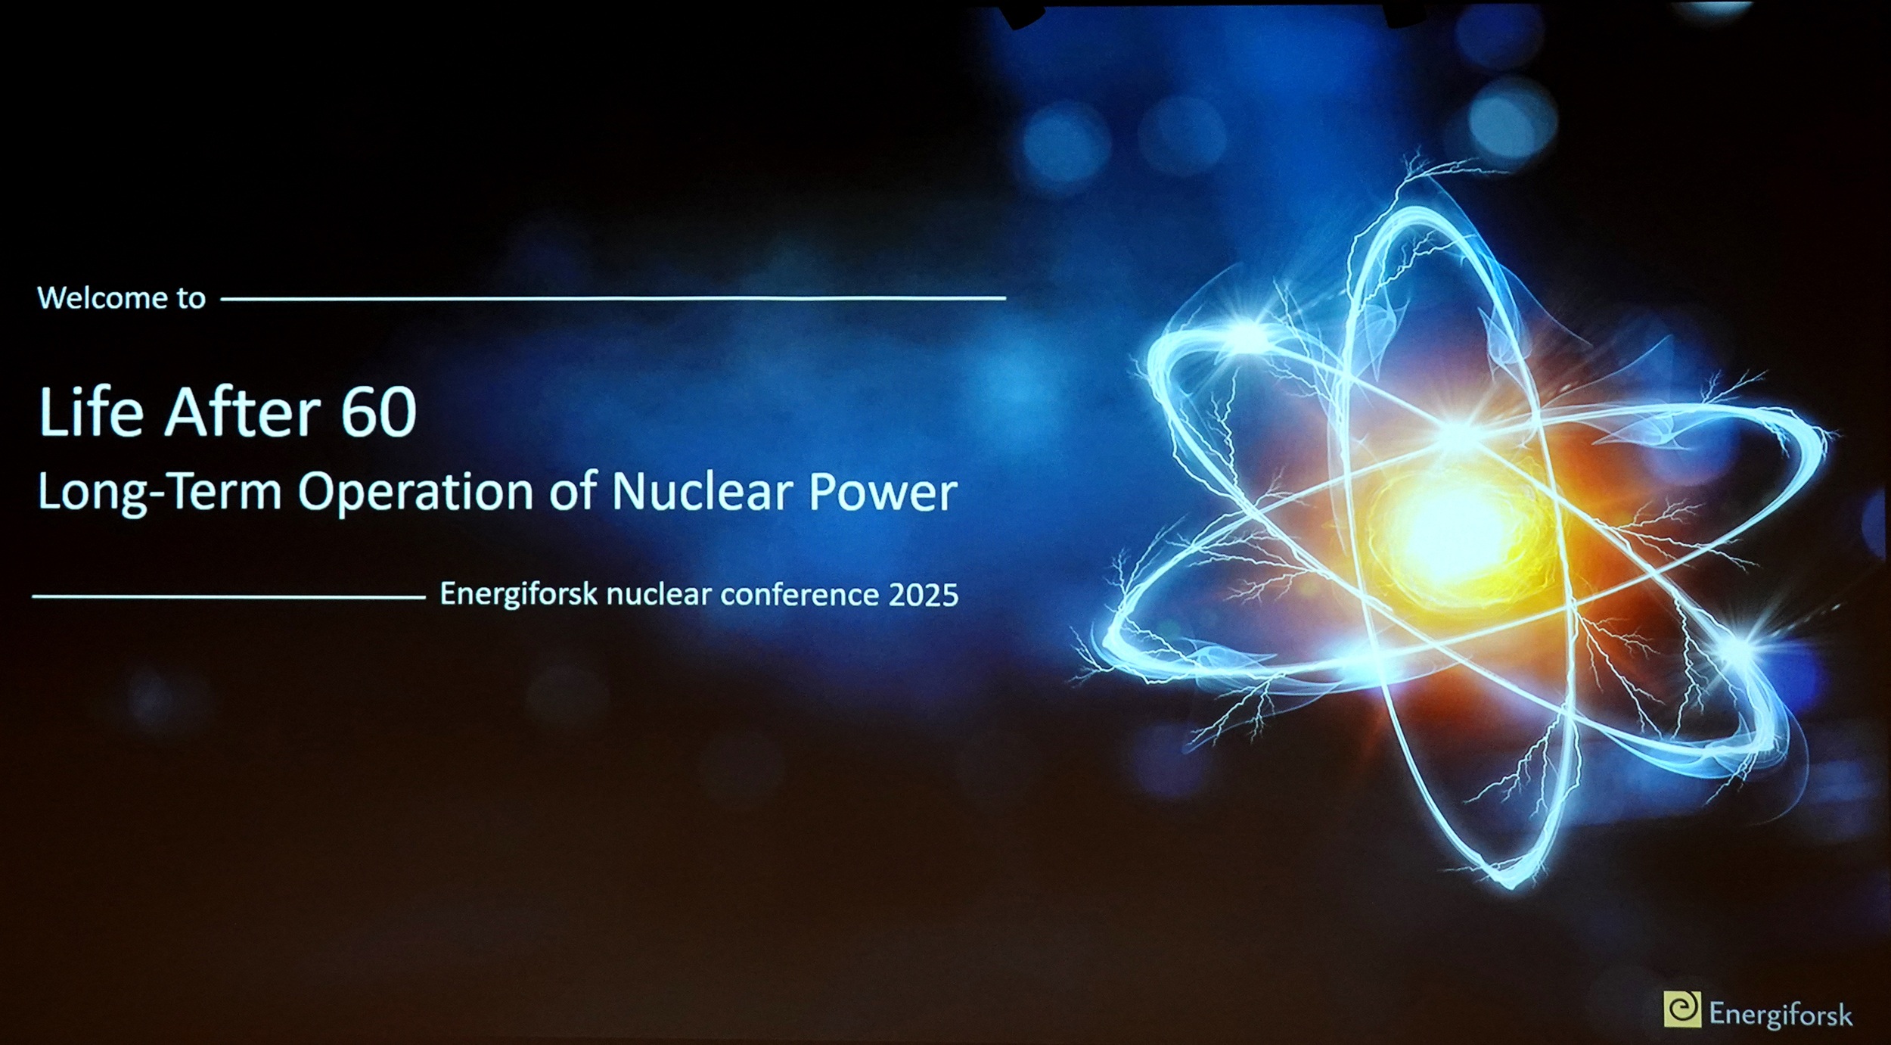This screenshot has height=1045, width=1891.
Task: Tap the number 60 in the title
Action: [379, 412]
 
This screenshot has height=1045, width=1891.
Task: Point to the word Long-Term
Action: [160, 493]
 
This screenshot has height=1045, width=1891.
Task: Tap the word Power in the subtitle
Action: [883, 493]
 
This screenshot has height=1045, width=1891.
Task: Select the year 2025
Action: [924, 595]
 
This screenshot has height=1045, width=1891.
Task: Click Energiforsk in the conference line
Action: [520, 595]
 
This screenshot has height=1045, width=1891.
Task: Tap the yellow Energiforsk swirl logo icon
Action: [1682, 1009]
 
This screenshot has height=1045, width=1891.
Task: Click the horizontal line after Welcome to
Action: [613, 299]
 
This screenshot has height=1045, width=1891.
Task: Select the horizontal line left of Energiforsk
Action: [229, 597]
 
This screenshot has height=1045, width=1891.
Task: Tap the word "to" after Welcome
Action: [191, 298]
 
